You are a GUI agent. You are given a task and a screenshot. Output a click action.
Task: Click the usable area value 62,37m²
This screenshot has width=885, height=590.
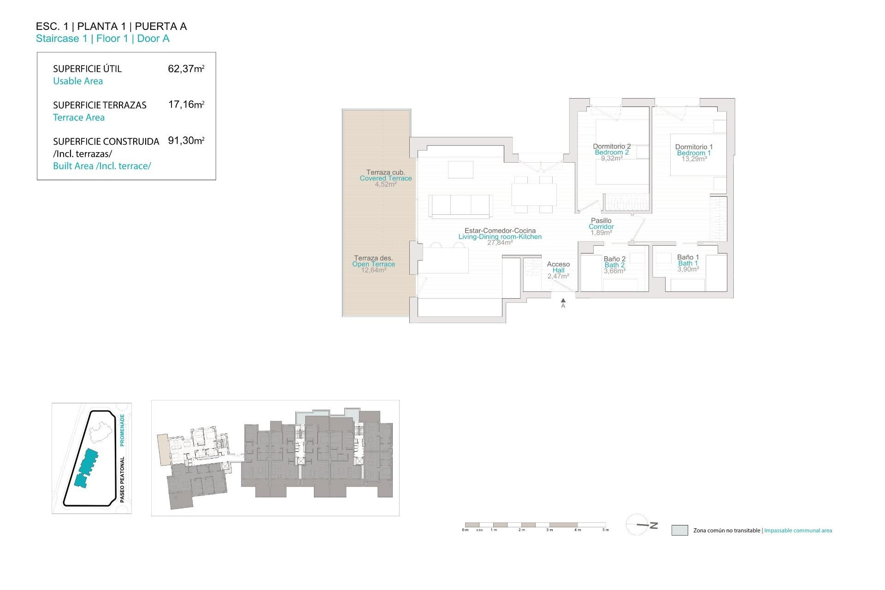click(x=186, y=69)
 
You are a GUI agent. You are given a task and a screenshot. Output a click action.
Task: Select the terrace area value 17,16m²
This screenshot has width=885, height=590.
click(x=186, y=105)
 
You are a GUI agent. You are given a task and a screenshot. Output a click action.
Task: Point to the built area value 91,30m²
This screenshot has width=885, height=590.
click(x=186, y=141)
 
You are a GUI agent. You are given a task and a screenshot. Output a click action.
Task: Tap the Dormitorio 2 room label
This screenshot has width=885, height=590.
click(x=612, y=147)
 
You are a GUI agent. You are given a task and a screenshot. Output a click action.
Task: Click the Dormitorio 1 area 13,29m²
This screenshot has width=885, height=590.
click(x=694, y=159)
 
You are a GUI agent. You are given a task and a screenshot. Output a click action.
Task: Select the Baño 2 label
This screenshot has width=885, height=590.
click(x=614, y=259)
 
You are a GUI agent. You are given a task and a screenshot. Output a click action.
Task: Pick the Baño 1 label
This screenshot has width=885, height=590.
click(x=688, y=257)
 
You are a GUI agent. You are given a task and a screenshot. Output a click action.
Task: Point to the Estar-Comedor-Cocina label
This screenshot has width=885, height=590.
click(x=500, y=231)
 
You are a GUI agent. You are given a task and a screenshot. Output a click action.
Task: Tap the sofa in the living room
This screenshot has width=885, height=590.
click(x=460, y=205)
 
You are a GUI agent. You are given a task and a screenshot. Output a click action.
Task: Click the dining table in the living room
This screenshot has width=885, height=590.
click(x=534, y=195)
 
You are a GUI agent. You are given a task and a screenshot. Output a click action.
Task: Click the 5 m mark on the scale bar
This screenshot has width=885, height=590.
click(x=606, y=530)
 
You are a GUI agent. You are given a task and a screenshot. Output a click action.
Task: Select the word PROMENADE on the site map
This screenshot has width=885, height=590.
click(x=122, y=430)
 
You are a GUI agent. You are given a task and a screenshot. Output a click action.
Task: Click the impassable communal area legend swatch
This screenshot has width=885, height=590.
click(x=679, y=530)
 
